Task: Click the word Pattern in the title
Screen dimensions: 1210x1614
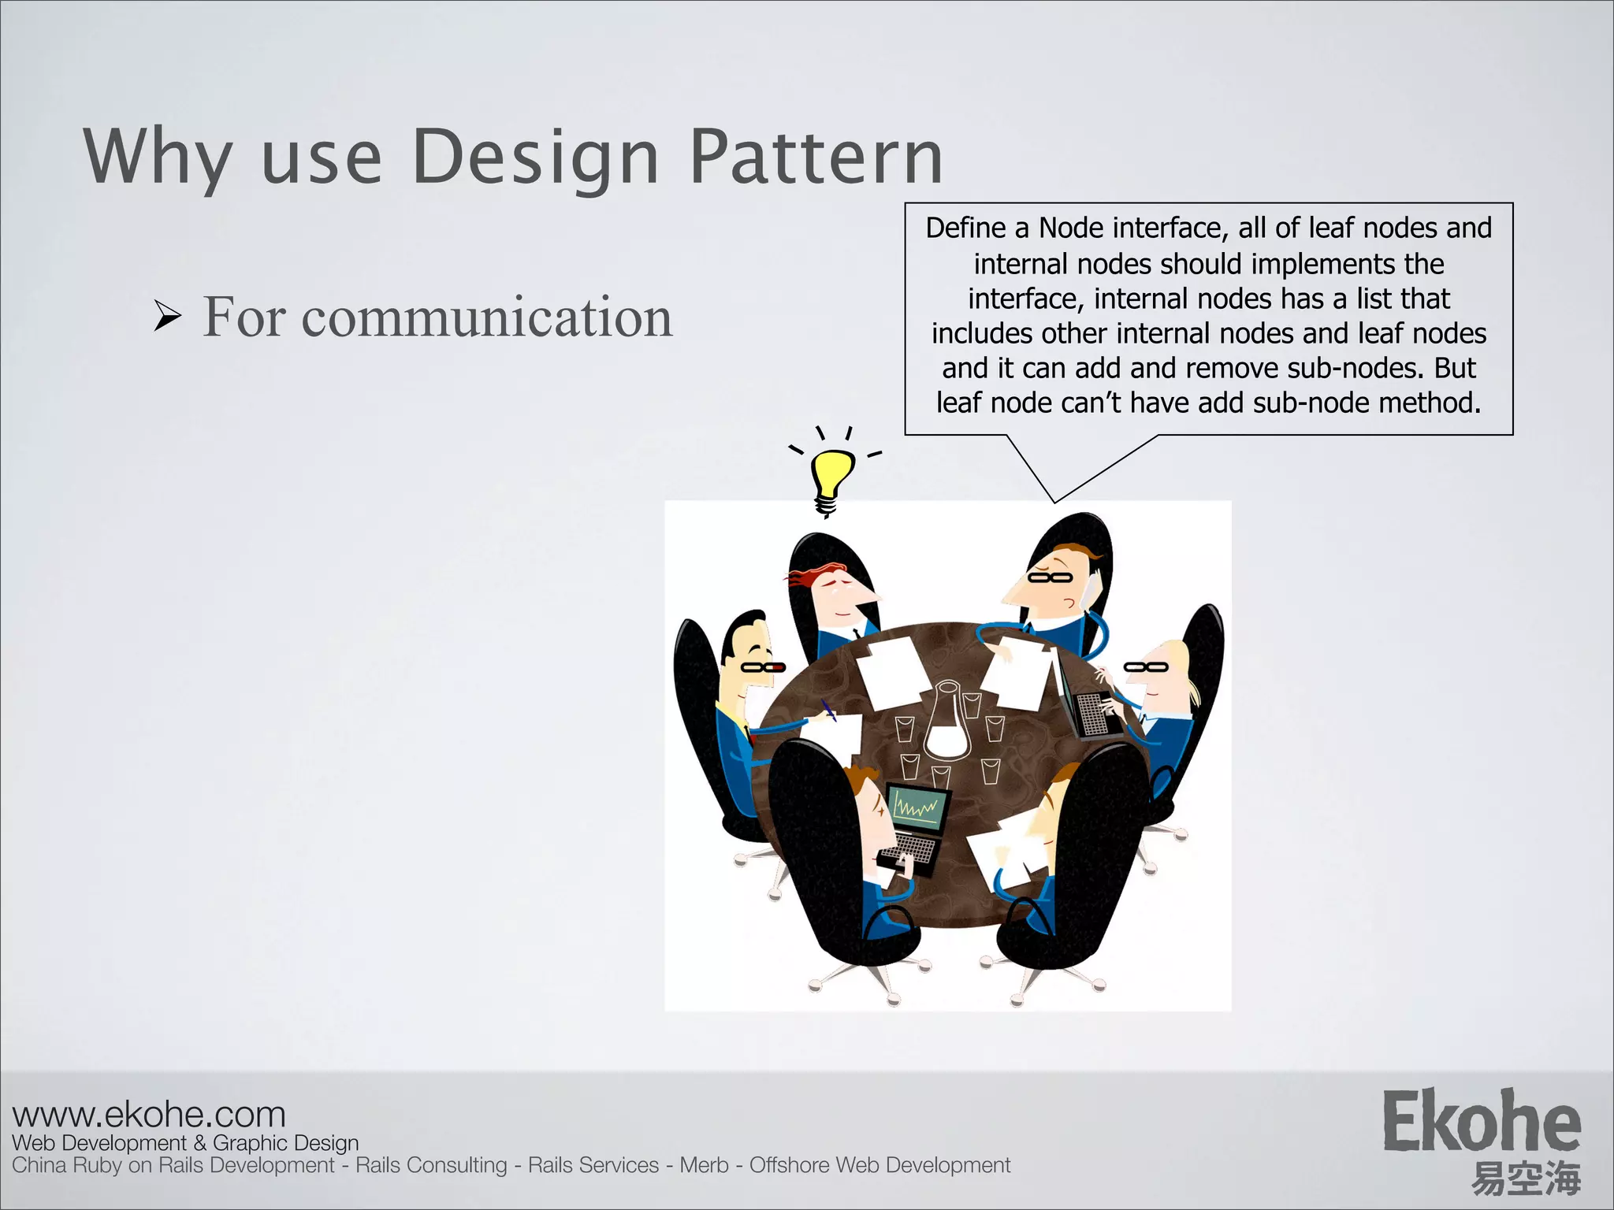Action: [x=816, y=158]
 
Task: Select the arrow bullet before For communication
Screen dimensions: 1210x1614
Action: [x=167, y=317]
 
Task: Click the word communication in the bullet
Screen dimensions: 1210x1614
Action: [x=486, y=317]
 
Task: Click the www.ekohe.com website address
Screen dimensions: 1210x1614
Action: [x=149, y=1115]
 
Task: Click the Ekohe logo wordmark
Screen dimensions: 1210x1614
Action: [x=1481, y=1122]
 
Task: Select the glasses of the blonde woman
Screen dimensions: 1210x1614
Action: [x=1145, y=667]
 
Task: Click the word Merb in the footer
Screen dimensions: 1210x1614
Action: [x=704, y=1165]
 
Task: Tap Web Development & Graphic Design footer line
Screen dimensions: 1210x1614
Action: [x=185, y=1143]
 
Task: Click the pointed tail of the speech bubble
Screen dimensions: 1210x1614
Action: [x=1054, y=496]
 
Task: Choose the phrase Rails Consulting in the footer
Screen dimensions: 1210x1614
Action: [x=431, y=1165]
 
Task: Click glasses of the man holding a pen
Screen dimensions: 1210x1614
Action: [x=762, y=667]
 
